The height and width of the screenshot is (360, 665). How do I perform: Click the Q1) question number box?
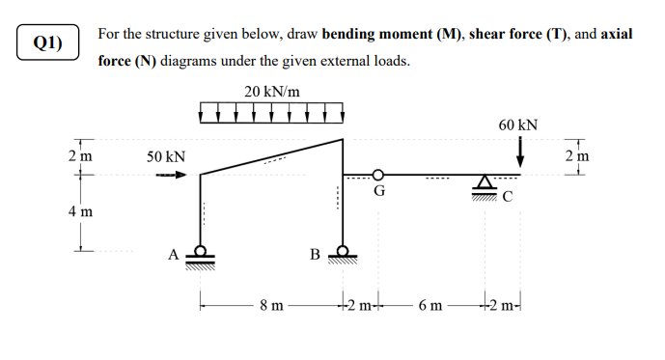tap(47, 42)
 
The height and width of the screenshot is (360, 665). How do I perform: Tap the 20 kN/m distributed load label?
tap(272, 92)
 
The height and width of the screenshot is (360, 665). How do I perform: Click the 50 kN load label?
tap(165, 155)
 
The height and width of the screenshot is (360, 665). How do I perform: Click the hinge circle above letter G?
tap(379, 175)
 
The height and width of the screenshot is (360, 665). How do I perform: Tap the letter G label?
tap(379, 191)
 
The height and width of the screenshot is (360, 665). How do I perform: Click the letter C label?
tap(509, 200)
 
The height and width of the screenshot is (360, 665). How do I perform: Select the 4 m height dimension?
tap(81, 211)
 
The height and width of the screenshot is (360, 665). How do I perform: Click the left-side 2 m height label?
tap(81, 156)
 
